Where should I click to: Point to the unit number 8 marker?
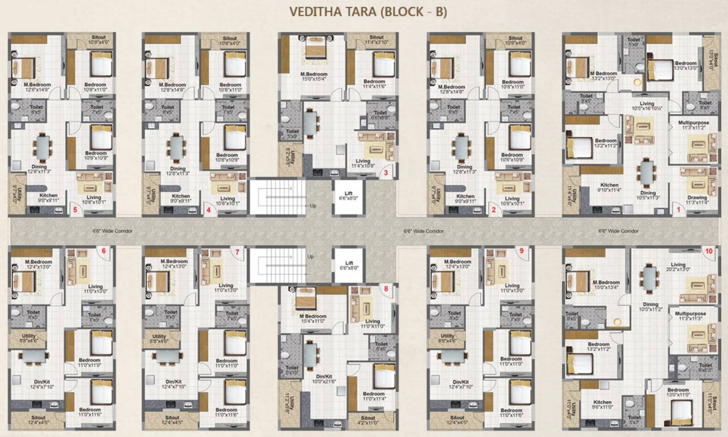coord(386,288)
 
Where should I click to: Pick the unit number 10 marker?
coord(708,251)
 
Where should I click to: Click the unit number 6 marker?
coord(104,251)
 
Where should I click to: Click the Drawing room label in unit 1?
coord(697,197)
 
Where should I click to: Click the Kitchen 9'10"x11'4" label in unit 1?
coord(609,188)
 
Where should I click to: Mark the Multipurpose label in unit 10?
coord(690,316)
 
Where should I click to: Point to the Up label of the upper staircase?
coord(312,205)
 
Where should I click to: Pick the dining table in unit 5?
coord(43,147)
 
